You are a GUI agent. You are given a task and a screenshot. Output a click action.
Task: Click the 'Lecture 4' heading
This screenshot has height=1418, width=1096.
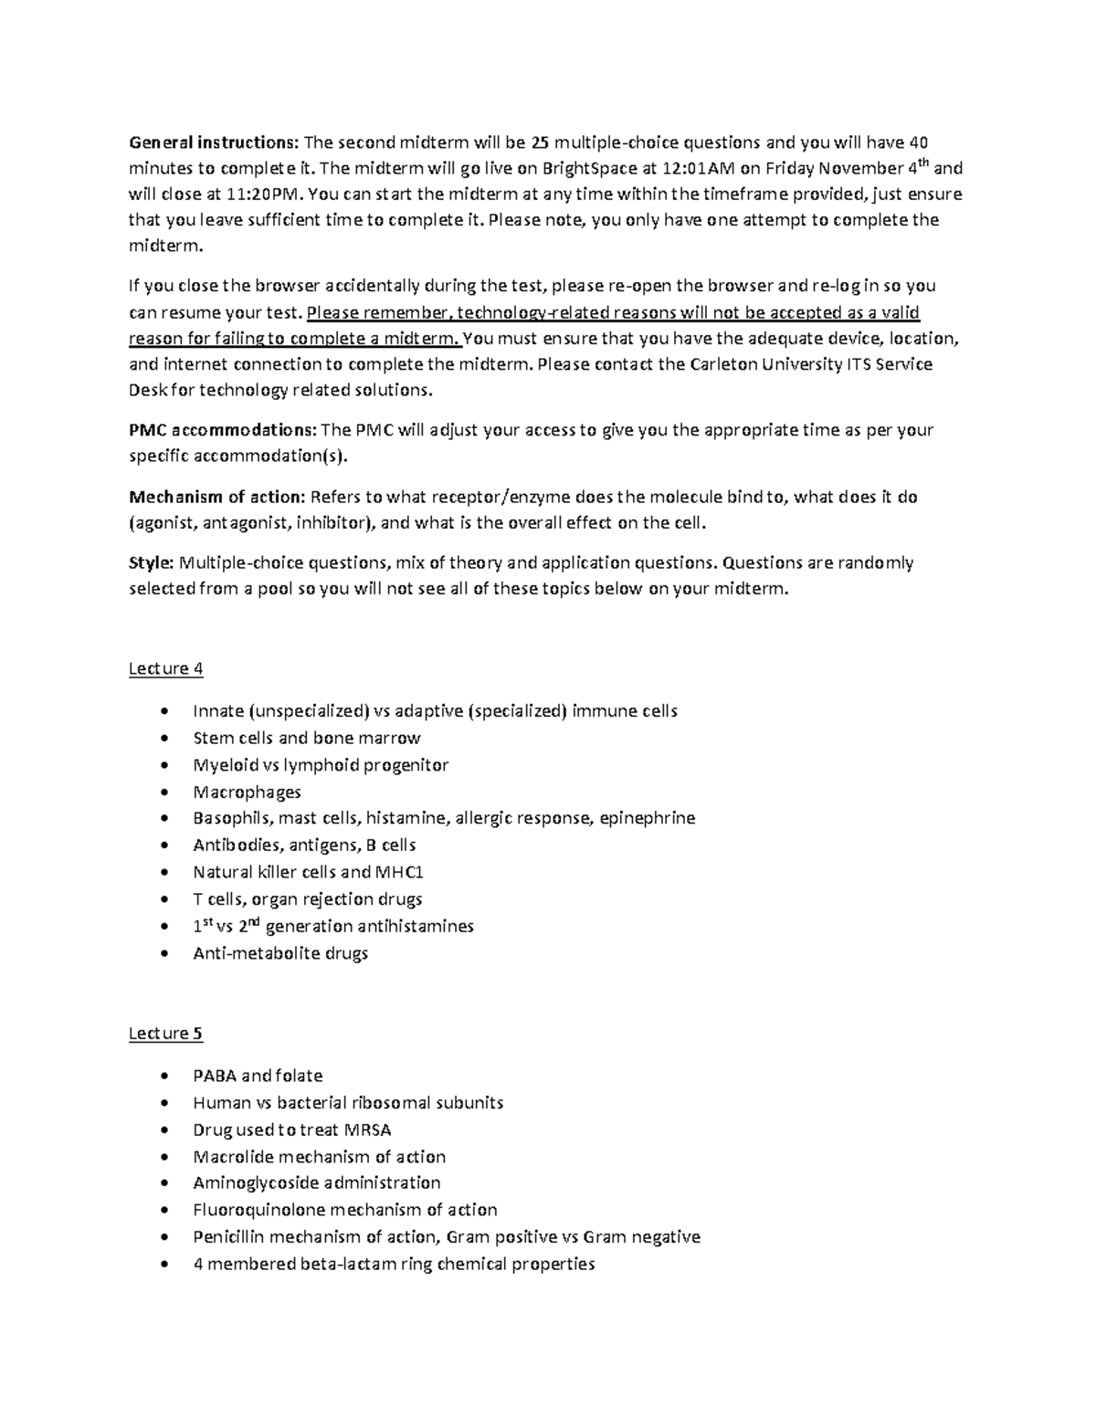pyautogui.click(x=165, y=669)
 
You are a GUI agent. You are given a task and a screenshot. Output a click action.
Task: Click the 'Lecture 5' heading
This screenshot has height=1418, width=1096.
pyautogui.click(x=165, y=1034)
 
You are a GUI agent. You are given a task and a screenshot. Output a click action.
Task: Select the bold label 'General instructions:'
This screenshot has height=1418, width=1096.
pyautogui.click(x=213, y=142)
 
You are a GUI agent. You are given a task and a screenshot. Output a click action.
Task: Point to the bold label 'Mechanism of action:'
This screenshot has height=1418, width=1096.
pyautogui.click(x=216, y=498)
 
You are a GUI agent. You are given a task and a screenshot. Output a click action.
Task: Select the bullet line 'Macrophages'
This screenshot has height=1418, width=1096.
pyautogui.click(x=247, y=792)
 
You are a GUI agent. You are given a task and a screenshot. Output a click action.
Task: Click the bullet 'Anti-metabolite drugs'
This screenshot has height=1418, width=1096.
pyautogui.click(x=280, y=953)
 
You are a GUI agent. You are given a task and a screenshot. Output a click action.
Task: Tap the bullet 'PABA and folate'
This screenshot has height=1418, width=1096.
pyautogui.click(x=258, y=1076)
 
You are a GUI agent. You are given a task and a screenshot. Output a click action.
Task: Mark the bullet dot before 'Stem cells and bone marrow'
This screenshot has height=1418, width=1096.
pyautogui.click(x=163, y=738)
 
